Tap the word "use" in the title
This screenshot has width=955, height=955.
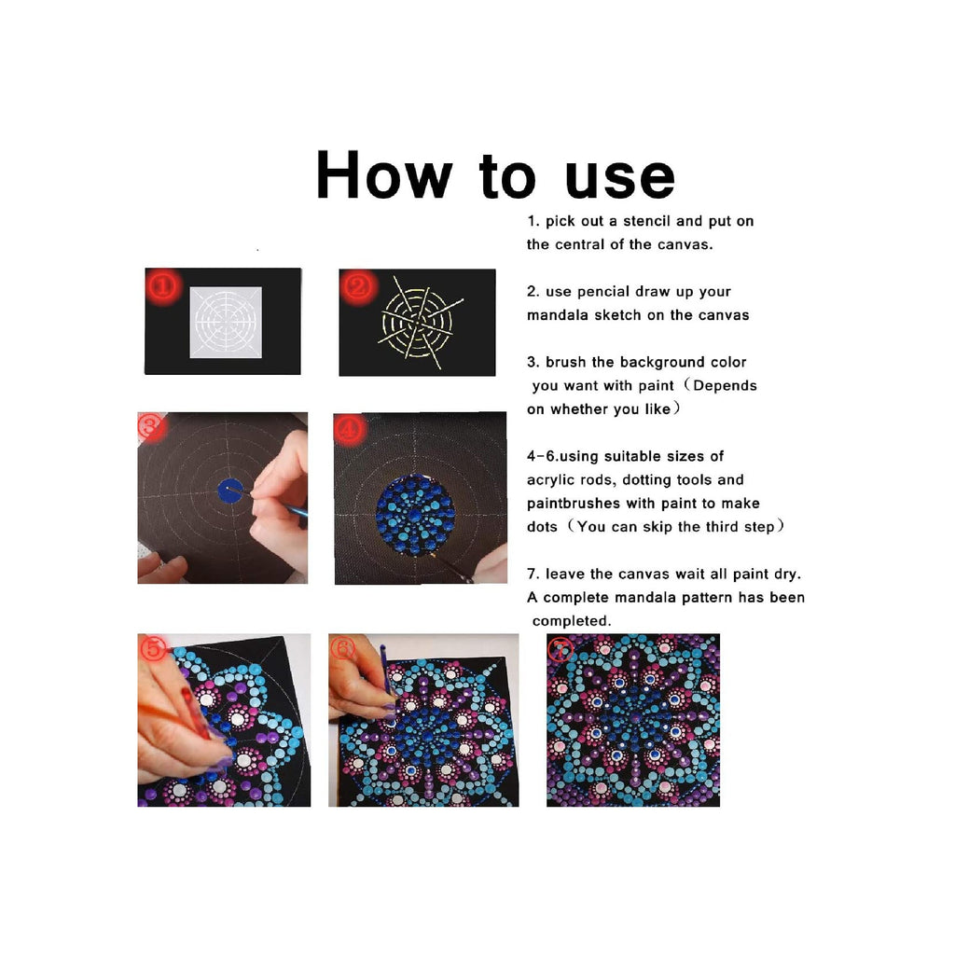pos(619,180)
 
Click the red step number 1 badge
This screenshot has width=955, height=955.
pos(163,285)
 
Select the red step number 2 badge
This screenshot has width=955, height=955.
pos(358,286)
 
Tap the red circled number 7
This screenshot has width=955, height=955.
pos(560,649)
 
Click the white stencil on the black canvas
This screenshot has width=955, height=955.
pos(226,322)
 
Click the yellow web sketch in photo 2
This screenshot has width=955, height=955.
pos(420,322)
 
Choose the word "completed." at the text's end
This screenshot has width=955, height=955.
pos(572,621)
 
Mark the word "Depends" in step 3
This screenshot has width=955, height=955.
pos(725,386)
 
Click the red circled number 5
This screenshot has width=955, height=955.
pos(153,648)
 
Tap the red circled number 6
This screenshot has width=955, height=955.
pos(343,648)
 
